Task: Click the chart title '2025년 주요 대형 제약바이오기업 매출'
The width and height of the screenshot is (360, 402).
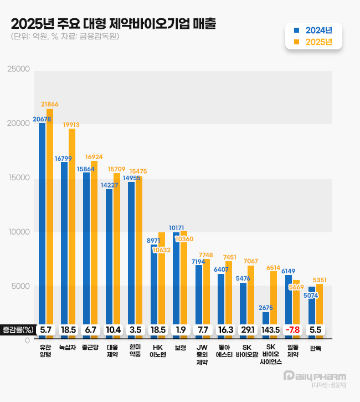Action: (114, 24)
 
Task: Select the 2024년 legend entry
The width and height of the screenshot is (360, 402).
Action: (314, 30)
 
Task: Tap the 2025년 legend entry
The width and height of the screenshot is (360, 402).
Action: (314, 42)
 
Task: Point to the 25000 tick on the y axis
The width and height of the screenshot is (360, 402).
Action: (18, 69)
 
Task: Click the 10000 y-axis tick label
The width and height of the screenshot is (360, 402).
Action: (18, 232)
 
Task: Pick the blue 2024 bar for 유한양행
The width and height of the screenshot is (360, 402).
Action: (42, 222)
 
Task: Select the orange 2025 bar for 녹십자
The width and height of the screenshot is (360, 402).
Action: (72, 222)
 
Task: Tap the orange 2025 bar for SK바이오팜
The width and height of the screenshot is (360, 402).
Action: (251, 294)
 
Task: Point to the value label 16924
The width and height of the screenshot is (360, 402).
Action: (94, 157)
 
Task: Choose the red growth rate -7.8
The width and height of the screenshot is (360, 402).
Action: (292, 329)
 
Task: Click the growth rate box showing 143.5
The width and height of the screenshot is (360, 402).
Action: (270, 329)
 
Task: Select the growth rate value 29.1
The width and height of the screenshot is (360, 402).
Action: (248, 329)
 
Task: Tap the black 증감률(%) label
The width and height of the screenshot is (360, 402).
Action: (18, 329)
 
